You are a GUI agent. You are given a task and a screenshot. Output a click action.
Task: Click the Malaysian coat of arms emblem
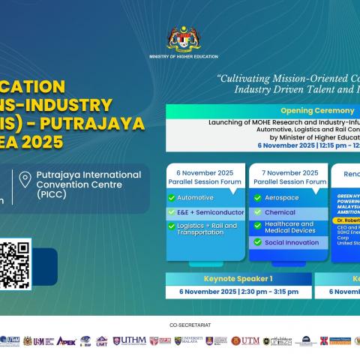tap(180, 39)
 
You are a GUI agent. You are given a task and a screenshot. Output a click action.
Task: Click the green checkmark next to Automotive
tap(171, 197)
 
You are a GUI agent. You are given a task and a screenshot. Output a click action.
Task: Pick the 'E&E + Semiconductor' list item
tap(203, 212)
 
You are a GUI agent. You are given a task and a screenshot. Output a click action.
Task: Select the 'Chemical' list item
tap(280, 211)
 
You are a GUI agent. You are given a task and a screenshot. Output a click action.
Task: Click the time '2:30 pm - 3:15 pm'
tap(266, 291)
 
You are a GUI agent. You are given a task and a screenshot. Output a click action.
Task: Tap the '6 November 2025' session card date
tap(205, 171)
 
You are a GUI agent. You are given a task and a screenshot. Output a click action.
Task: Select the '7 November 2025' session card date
tap(288, 171)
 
